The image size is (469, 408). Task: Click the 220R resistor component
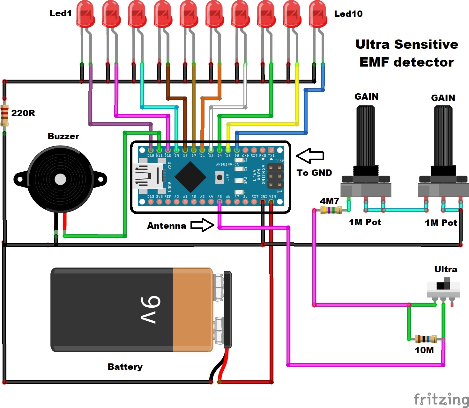[4, 115]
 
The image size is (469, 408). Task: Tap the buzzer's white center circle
[60, 179]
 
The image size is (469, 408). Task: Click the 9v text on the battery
[150, 310]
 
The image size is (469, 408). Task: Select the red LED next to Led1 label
[85, 14]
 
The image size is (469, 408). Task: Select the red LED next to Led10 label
[318, 14]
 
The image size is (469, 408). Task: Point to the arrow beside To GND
[310, 156]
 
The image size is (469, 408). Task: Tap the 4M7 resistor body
[331, 210]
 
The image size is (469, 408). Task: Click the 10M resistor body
[426, 339]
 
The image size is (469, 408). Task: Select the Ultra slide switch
[443, 289]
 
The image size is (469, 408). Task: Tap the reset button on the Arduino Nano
[219, 177]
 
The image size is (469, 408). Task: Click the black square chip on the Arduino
[190, 177]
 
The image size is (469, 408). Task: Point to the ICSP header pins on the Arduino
[275, 176]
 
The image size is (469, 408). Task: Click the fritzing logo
[441, 399]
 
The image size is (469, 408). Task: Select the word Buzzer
[63, 136]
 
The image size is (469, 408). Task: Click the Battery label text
[125, 367]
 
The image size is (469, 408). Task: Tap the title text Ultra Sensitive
[406, 44]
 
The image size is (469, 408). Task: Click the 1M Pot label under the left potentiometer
[365, 222]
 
